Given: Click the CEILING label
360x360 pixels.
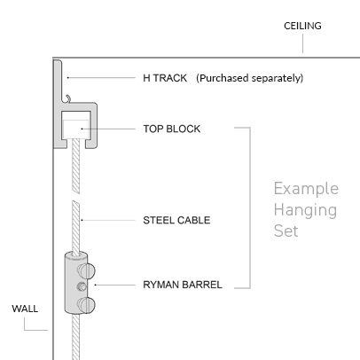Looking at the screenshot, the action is [302, 26].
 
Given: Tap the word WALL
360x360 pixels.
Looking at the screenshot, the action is [25, 309].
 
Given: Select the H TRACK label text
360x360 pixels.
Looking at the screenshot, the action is [165, 78].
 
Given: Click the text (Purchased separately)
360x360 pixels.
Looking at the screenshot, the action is [250, 78].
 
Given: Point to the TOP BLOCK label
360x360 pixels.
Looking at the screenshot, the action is [172, 129].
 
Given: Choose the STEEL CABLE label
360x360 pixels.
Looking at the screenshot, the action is [176, 220].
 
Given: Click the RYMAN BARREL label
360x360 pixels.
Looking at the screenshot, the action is [183, 285].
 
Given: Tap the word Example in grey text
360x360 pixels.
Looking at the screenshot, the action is [306, 189].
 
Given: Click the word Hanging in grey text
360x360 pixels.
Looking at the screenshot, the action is [305, 211].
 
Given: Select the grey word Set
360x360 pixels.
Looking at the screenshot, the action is [286, 231].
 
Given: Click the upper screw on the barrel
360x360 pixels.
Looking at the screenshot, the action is [86, 270].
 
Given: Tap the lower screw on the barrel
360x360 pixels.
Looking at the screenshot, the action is [86, 305].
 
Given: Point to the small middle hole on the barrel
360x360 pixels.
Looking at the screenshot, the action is [82, 286].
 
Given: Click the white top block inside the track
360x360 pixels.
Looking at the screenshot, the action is [76, 129].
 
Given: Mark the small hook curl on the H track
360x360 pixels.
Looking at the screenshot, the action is [67, 98].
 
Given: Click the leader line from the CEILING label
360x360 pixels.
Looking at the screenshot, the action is [302, 43].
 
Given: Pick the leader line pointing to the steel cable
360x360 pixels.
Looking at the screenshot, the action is [108, 220].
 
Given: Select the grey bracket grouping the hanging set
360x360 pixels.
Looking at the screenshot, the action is [250, 207].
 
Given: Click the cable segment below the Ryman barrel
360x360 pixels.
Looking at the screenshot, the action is [76, 337].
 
